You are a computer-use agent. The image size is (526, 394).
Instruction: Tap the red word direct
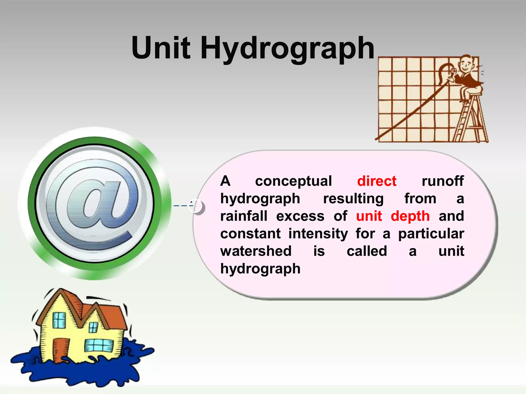pyautogui.click(x=377, y=181)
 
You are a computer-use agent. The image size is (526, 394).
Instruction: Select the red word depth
pyautogui.click(x=410, y=216)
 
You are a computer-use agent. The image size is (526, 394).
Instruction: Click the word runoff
pyautogui.click(x=443, y=181)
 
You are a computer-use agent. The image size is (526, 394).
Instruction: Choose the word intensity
pyautogui.click(x=318, y=234)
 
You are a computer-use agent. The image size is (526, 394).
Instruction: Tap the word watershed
pyautogui.click(x=256, y=251)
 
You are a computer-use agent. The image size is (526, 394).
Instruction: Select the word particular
pyautogui.click(x=431, y=234)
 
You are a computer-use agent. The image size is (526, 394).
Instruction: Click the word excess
pyautogui.click(x=300, y=216)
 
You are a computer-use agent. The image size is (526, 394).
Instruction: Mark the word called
pyautogui.click(x=367, y=251)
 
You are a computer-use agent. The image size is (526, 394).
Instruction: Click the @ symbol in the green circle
pyautogui.click(x=94, y=204)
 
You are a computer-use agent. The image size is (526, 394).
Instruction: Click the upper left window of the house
pyautogui.click(x=59, y=320)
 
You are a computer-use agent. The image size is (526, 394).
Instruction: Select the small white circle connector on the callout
pyautogui.click(x=196, y=206)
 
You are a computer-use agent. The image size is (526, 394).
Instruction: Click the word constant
pyautogui.click(x=250, y=234)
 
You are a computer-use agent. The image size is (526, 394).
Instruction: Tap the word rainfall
pyautogui.click(x=244, y=216)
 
